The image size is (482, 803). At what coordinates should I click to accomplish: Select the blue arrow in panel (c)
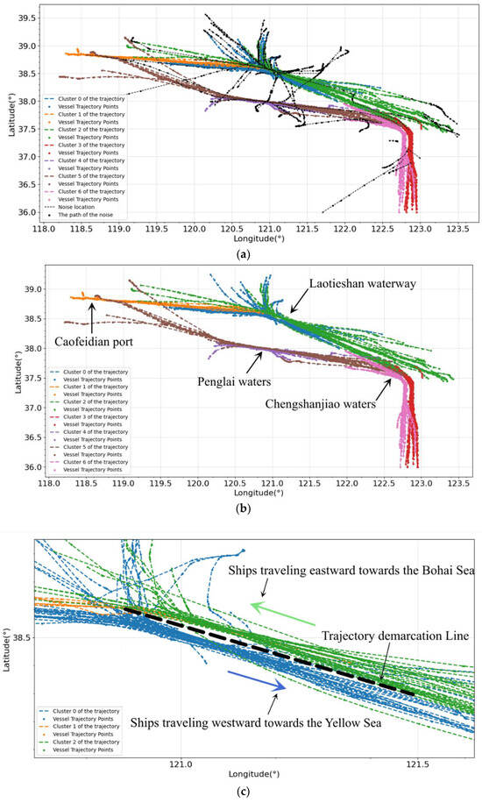(x=257, y=680)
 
